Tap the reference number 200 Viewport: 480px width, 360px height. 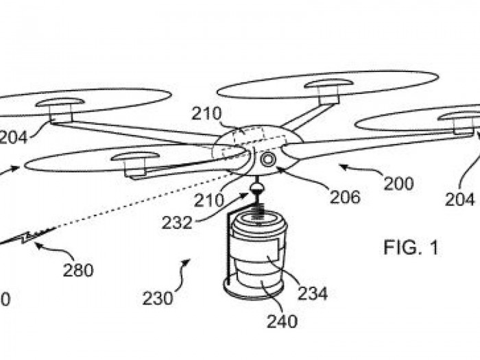pos(398,184)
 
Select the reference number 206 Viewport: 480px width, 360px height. pos(344,197)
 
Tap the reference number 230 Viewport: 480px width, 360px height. pos(157,298)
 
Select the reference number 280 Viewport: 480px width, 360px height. pos(77,269)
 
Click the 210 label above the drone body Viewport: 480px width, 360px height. pos(206,114)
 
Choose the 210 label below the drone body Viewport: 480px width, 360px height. pos(208,201)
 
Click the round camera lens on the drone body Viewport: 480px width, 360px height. pos(267,160)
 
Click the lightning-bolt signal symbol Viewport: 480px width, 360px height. pos(25,237)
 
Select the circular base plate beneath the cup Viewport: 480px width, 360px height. pos(254,290)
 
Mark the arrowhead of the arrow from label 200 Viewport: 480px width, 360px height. pos(341,166)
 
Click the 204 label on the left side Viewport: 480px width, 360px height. pos(14,138)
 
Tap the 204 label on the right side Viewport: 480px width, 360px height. pos(459,200)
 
